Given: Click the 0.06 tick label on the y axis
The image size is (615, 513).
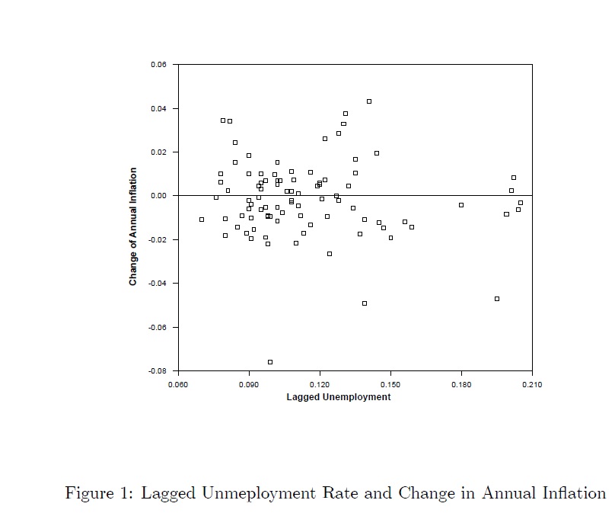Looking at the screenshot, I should [x=158, y=65].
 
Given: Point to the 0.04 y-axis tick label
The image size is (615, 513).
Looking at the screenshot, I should [x=158, y=108].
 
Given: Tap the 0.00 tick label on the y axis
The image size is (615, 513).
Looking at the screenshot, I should [x=158, y=196].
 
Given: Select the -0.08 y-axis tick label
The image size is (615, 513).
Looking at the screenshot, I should [x=157, y=371].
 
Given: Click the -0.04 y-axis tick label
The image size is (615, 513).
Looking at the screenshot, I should [x=157, y=284].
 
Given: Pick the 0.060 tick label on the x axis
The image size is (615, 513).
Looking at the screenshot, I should [x=178, y=384].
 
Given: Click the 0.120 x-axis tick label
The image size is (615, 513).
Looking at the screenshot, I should [x=320, y=384].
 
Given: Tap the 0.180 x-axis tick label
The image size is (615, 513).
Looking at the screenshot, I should [x=461, y=384].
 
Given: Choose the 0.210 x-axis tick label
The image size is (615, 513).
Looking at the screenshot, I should [x=531, y=384].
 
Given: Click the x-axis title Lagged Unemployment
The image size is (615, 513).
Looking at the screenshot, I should [x=338, y=397].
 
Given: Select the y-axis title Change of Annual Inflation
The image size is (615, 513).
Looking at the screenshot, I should [x=133, y=226].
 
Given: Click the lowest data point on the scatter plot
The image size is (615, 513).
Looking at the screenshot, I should [x=270, y=362].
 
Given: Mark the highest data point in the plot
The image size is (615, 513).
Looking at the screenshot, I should [x=369, y=101].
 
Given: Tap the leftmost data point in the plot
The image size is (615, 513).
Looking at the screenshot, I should [x=202, y=220].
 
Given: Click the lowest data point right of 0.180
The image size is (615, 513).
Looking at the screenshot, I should [x=497, y=299].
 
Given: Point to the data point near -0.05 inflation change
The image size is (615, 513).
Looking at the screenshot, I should [x=365, y=303].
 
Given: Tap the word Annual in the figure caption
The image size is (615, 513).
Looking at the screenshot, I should [x=513, y=493].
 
